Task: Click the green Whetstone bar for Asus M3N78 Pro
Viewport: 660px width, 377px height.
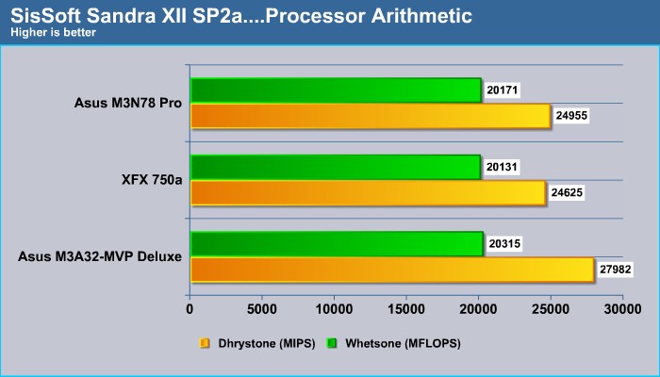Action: [336, 90]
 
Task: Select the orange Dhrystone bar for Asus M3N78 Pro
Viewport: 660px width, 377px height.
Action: [371, 116]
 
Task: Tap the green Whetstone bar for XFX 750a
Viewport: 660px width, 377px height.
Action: [336, 167]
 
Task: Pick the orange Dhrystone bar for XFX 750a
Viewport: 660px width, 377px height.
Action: [369, 193]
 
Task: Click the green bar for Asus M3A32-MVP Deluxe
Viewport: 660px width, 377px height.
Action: [338, 243]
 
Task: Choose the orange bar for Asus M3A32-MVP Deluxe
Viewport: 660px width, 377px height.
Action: [392, 270]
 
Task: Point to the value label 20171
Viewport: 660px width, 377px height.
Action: [503, 90]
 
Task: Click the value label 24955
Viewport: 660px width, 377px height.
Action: [571, 116]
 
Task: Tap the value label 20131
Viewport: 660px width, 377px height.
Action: [502, 167]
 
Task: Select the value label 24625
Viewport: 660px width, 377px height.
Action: [567, 192]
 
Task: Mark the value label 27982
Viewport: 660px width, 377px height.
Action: [616, 270]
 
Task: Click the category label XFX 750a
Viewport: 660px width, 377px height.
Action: [152, 180]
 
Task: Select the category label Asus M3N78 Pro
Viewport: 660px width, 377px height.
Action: [128, 103]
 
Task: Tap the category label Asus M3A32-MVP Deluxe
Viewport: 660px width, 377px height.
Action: [100, 256]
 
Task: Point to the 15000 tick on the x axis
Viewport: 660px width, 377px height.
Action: [406, 310]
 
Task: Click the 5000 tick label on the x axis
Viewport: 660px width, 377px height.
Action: [262, 310]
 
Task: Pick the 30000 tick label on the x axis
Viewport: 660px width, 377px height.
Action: [623, 310]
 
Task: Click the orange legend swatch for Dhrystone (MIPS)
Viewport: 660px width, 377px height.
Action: [205, 344]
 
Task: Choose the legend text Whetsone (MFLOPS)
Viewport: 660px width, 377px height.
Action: [403, 344]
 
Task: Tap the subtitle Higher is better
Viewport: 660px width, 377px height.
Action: [53, 32]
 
